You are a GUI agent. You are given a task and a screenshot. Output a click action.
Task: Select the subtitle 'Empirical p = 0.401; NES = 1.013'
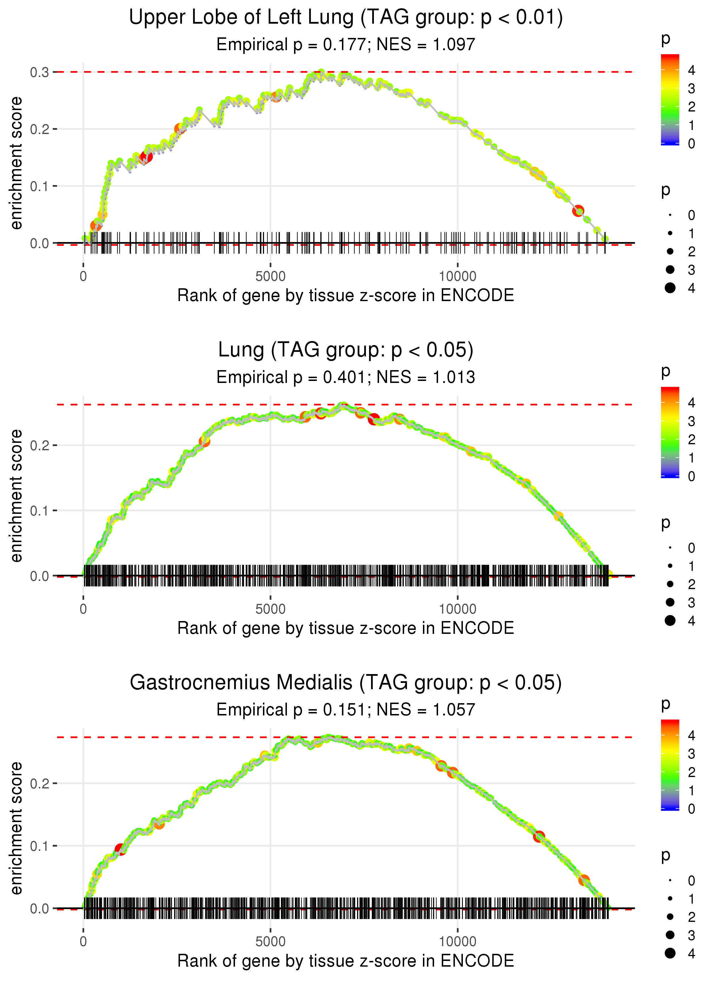coord(346,378)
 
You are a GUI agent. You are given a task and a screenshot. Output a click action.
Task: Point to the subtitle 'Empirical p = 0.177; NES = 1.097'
coord(346,45)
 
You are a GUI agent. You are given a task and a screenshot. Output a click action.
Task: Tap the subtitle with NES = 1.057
coord(346,710)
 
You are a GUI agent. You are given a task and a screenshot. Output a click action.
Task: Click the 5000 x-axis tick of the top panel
coord(270,277)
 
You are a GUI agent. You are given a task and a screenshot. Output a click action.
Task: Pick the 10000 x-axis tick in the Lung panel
coord(457,609)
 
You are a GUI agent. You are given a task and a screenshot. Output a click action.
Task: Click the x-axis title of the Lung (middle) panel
coord(346,628)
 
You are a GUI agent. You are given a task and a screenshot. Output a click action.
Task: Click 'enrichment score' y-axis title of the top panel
coord(16,163)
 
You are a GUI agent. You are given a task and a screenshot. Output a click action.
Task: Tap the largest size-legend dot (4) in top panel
coord(670,288)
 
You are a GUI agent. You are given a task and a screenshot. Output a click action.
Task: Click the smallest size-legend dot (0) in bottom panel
coord(670,881)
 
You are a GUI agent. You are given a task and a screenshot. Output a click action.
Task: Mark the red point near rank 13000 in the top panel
coord(578,211)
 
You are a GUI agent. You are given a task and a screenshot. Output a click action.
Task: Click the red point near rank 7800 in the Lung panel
coord(374,419)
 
